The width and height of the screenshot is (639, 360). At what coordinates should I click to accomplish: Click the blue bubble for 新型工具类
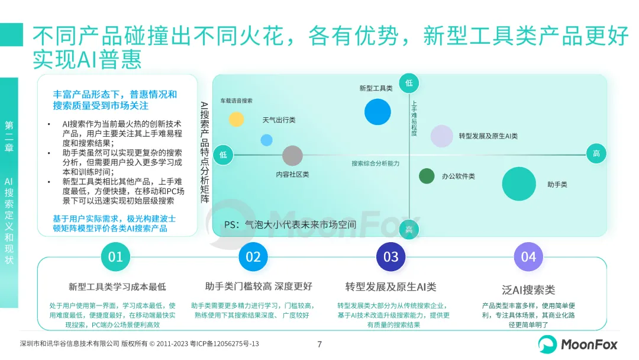point(377,111)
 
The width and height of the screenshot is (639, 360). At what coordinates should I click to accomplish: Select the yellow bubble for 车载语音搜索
point(236,119)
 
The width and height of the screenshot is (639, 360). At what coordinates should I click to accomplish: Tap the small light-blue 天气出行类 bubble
point(267,140)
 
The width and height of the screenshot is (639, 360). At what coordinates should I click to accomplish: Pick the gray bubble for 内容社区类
point(292,156)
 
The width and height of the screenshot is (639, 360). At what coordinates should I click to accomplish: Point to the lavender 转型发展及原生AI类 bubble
point(441,136)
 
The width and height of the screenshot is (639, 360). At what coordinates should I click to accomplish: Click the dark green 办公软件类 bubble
point(427,176)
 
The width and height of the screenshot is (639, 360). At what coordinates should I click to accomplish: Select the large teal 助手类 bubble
point(519,184)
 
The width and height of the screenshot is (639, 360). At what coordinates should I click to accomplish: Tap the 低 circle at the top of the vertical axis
point(409,83)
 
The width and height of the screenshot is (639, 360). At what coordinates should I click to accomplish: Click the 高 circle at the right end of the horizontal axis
point(596,154)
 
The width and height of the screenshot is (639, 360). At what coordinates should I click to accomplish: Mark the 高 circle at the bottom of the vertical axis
point(409,229)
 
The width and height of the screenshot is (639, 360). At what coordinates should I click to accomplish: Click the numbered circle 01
point(115,257)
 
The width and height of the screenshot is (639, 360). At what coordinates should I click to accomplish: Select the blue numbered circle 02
point(253,257)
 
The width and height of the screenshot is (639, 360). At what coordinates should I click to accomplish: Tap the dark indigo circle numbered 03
point(391,257)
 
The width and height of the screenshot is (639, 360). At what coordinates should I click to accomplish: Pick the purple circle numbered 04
point(528,257)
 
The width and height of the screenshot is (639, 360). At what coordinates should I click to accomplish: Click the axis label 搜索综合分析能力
point(376,163)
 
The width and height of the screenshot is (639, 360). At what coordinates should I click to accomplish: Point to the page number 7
point(319,344)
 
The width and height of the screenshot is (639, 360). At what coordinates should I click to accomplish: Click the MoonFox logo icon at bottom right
point(547,344)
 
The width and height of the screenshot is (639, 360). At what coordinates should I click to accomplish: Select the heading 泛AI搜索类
point(528,290)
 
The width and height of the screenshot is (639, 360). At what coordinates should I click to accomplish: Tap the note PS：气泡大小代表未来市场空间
point(290,225)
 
